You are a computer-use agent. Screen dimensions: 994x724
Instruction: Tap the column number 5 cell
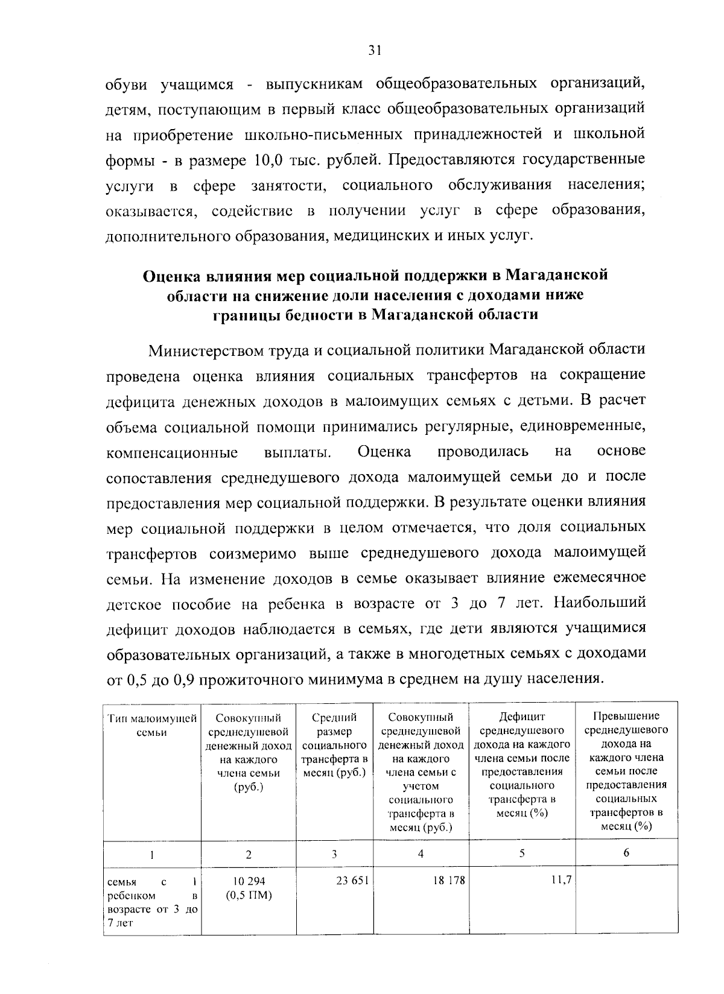522,853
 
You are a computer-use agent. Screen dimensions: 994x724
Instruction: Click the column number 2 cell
249,854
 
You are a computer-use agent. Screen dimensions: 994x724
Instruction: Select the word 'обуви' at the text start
126,84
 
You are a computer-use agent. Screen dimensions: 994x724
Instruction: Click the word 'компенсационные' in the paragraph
172,452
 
